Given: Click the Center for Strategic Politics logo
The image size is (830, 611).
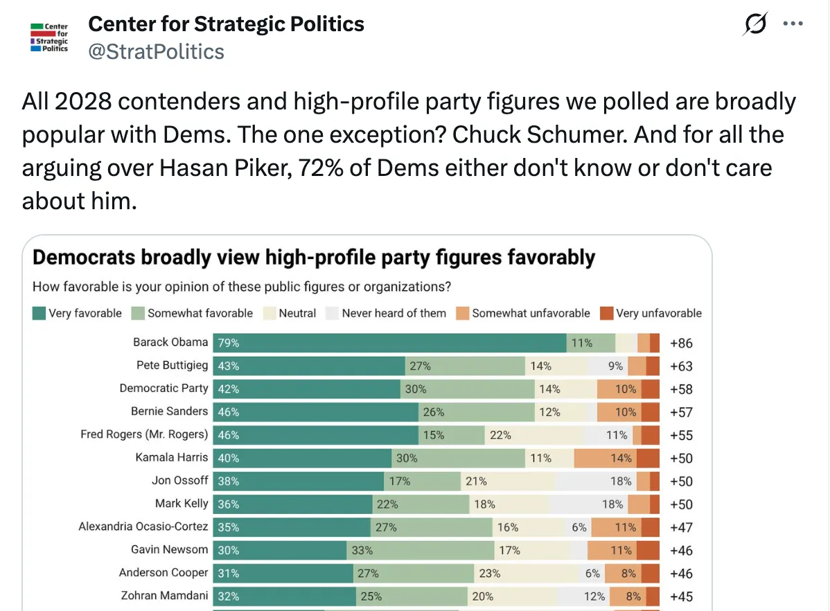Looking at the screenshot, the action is [49, 37].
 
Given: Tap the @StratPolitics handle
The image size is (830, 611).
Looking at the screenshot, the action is [156, 52].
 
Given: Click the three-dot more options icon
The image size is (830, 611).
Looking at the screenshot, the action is [793, 24].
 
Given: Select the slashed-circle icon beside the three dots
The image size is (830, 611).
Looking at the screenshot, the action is [755, 24].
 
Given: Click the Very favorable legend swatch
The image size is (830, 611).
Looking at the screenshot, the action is [39, 313].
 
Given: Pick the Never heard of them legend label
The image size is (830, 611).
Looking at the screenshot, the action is [394, 313].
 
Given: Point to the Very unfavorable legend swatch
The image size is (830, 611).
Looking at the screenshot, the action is [607, 313].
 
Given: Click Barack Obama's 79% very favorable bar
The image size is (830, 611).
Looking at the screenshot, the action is [389, 343].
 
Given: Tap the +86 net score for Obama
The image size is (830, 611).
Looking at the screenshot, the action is [681, 343].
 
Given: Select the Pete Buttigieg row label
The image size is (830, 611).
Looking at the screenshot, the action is [172, 365].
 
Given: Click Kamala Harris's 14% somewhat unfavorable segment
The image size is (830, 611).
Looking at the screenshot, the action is [605, 458].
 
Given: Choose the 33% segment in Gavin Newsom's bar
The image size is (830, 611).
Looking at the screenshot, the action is [421, 550].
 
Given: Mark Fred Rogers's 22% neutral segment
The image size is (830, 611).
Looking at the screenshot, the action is [534, 435].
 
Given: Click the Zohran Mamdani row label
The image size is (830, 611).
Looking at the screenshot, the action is [165, 596].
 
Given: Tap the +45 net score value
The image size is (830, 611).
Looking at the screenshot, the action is [681, 596].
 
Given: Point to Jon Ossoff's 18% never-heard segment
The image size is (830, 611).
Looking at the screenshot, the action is [596, 481].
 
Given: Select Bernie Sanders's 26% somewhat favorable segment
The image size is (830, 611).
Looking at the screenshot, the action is [477, 412].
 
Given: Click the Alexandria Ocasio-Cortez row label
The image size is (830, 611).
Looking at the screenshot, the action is [143, 526].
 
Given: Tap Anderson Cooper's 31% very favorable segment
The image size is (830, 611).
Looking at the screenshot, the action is [283, 574].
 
